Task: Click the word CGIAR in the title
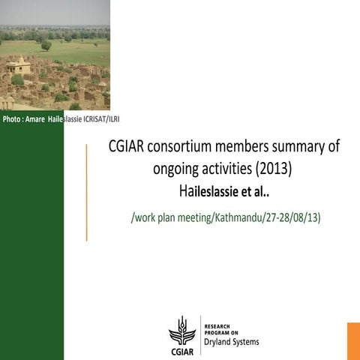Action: (x=127, y=148)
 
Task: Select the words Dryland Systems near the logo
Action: (x=232, y=342)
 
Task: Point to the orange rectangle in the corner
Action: (x=353, y=340)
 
